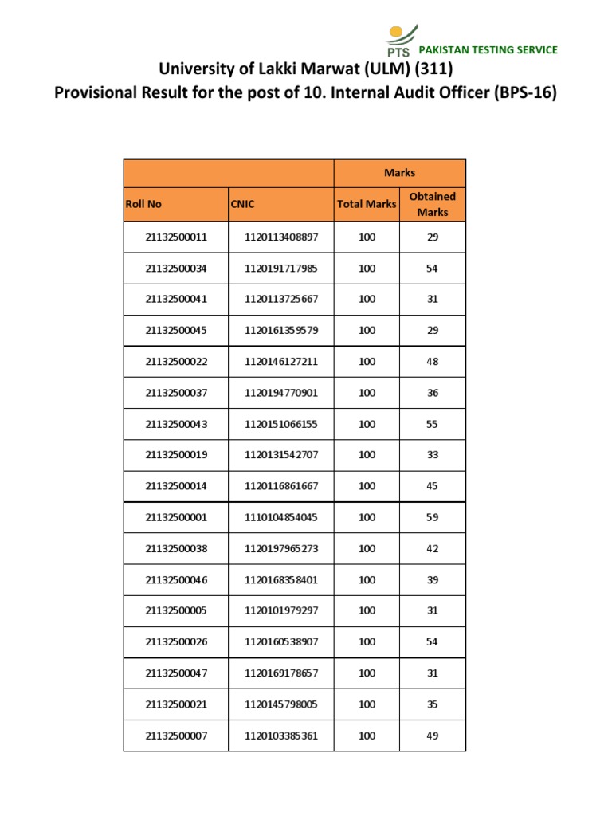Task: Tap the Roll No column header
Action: coord(143,204)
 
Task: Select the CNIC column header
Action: coord(242,204)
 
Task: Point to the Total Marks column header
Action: coord(367,204)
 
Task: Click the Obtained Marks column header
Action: coord(432,204)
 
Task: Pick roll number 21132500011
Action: coord(176,237)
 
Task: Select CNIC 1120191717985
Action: coord(281,269)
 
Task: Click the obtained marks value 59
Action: coord(432,517)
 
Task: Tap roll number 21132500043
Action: coord(176,424)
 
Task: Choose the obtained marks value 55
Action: coord(432,424)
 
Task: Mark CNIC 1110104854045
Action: coord(281,517)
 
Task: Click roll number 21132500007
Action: coord(176,736)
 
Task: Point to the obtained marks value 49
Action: coord(432,736)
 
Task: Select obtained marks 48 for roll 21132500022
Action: coord(432,362)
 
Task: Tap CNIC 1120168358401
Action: coord(281,579)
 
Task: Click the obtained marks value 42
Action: coord(432,548)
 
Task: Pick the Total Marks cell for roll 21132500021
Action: coord(367,704)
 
